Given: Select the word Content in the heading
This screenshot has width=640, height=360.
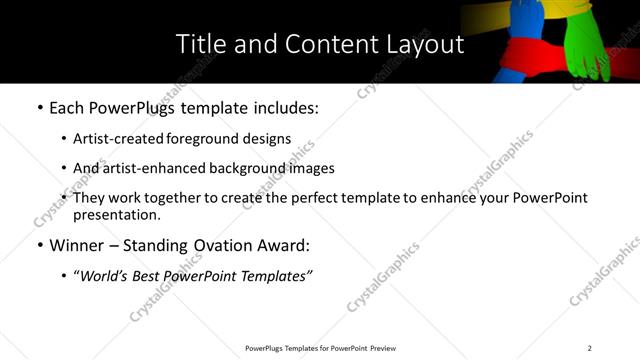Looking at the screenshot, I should tap(325, 44).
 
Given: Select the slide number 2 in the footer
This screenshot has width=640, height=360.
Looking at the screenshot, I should tap(590, 348).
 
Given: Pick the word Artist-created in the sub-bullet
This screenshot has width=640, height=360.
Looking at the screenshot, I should tap(114, 139).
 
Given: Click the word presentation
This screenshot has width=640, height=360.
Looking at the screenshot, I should tap(115, 214).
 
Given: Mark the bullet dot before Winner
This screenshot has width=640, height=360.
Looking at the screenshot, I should tap(39, 245).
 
